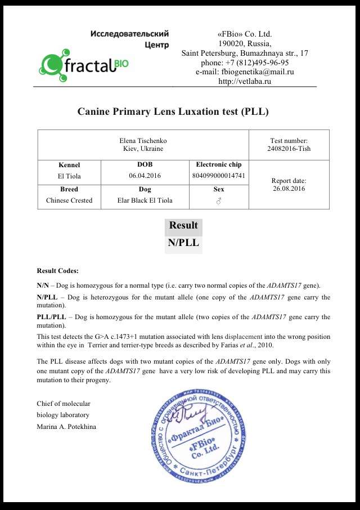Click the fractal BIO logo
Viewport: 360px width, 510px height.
(84, 64)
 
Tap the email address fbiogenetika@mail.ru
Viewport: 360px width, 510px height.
(245, 72)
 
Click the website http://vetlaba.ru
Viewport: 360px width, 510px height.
(245, 81)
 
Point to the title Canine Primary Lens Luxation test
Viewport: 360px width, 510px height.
(173, 111)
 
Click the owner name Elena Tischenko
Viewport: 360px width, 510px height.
(143, 140)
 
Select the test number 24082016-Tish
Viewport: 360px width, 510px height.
(289, 149)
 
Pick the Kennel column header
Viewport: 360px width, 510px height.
(69, 165)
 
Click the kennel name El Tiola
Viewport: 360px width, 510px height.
(69, 176)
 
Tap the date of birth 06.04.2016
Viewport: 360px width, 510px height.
(145, 176)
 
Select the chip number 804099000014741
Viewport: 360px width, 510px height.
(219, 176)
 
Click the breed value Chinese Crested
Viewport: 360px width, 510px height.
(69, 200)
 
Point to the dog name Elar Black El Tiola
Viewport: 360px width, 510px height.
(145, 200)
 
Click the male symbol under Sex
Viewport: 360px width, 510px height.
(219, 201)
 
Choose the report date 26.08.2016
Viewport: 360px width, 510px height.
(289, 189)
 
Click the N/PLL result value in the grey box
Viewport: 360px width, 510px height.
(183, 243)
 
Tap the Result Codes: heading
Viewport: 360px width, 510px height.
(58, 271)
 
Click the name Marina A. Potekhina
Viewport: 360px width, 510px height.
(66, 426)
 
